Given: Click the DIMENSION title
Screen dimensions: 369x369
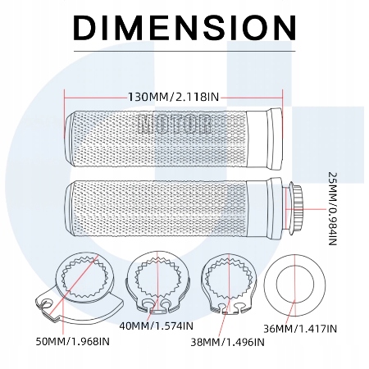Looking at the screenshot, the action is tap(184, 27).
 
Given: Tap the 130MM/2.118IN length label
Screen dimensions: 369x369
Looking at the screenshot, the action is tap(174, 97).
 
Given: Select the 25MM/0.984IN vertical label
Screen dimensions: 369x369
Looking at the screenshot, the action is tap(332, 209).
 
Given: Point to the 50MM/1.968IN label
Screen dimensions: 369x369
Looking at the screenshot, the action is tap(73, 341).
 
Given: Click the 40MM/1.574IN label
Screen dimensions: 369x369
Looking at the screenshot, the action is tap(157, 326).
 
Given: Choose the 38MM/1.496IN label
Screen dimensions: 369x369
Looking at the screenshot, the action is tap(227, 342).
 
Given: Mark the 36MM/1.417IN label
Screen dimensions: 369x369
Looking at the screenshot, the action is tap(300, 329).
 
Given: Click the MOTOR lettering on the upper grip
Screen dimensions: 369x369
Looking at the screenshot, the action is tap(175, 125).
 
